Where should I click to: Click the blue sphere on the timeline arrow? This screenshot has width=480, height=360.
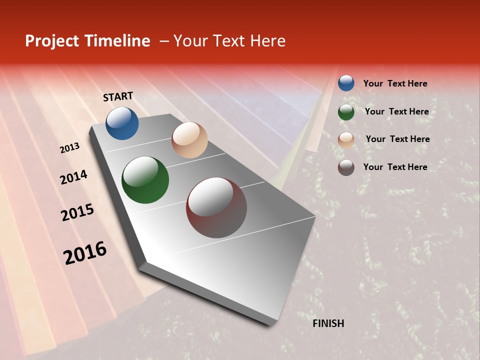tap(122, 123)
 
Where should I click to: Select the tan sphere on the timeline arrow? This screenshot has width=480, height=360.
tap(189, 140)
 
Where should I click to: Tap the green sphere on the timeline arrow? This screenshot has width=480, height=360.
tap(145, 180)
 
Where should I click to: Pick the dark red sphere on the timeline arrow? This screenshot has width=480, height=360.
tap(216, 207)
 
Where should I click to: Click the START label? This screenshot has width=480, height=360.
tap(118, 96)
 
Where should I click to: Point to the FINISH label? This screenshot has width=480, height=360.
tap(328, 323)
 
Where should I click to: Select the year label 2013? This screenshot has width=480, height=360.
tap(70, 148)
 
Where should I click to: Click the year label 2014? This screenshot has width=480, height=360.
tap(73, 177)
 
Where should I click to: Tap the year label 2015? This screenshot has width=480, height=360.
tap(77, 212)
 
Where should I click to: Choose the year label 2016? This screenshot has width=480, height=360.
tap(85, 253)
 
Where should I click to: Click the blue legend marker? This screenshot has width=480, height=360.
tap(346, 83)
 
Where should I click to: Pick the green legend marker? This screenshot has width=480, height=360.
tap(346, 112)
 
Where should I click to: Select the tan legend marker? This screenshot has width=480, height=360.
tap(346, 140)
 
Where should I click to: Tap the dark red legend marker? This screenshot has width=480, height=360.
tap(346, 167)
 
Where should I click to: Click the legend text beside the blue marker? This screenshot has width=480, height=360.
tap(395, 83)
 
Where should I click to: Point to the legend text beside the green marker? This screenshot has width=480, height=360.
tap(396, 111)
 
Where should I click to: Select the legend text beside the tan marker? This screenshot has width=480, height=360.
tap(397, 139)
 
